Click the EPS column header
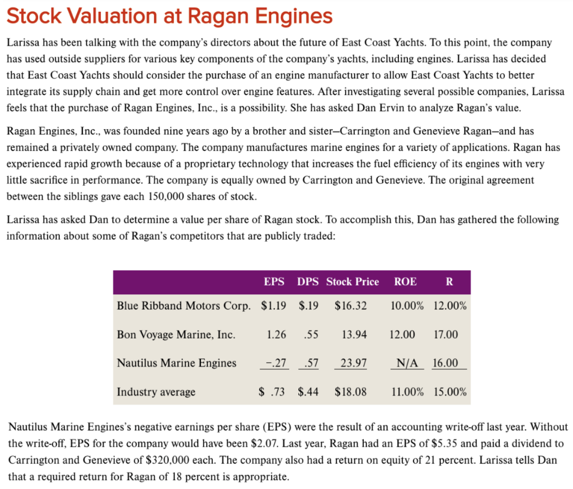point(274,282)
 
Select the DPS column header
point(308,282)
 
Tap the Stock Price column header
point(353,282)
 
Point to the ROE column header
point(405,282)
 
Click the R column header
point(449,282)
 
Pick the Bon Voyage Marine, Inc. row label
point(176,335)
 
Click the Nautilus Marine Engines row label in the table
point(176,363)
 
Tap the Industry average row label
point(156,392)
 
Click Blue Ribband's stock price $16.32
point(350,306)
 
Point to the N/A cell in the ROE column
point(407,363)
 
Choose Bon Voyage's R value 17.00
point(445,335)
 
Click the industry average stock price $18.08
point(350,392)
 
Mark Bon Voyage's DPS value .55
point(310,335)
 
